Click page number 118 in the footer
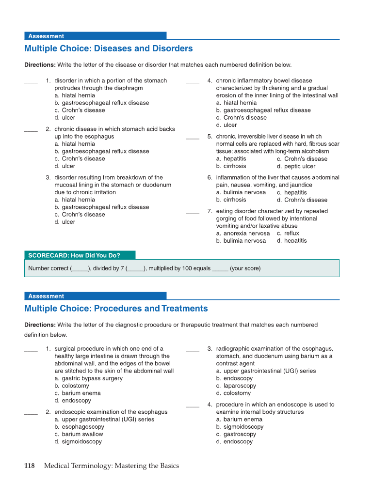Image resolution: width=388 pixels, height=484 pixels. pyautogui.click(x=30, y=466)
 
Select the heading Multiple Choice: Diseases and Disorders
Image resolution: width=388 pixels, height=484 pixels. pyautogui.click(x=108, y=48)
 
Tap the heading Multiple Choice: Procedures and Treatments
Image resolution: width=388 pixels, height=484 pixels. pyautogui.click(x=116, y=309)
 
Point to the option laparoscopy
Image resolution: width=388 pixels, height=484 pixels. pyautogui.click(x=239, y=386)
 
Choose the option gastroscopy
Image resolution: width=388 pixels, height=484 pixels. pyautogui.click(x=239, y=434)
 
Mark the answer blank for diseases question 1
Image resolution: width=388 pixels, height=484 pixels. pyautogui.click(x=31, y=82)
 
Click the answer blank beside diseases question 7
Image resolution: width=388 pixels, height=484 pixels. pyautogui.click(x=193, y=212)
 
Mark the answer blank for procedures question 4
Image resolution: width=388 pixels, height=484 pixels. pyautogui.click(x=193, y=406)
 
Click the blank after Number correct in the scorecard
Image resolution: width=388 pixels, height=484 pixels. pyautogui.click(x=80, y=269)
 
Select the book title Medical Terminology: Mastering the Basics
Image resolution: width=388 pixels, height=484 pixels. pyautogui.click(x=111, y=466)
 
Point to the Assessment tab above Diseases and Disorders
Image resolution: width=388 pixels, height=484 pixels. pyautogui.click(x=46, y=36)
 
